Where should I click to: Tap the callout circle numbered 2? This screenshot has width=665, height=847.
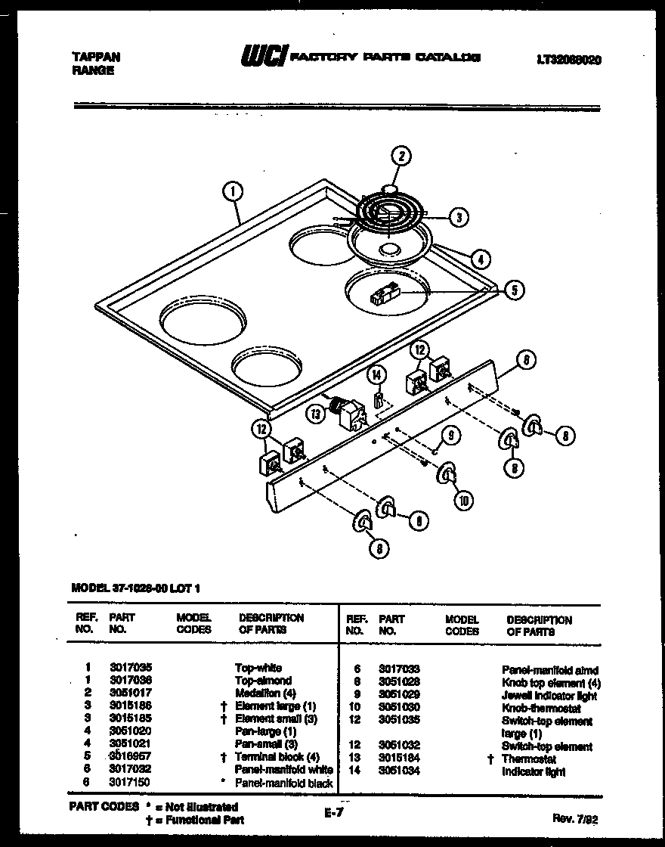pyautogui.click(x=401, y=157)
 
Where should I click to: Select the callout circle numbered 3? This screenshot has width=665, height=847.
pyautogui.click(x=457, y=217)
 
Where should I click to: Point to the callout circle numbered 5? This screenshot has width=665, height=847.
pyautogui.click(x=514, y=290)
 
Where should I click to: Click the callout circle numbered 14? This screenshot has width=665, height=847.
pyautogui.click(x=376, y=374)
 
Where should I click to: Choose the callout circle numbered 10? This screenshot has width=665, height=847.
pyautogui.click(x=461, y=498)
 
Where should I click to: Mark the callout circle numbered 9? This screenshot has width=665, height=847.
pyautogui.click(x=450, y=435)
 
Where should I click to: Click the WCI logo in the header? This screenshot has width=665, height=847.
pyautogui.click(x=263, y=57)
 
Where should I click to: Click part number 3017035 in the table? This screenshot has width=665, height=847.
pyautogui.click(x=130, y=668)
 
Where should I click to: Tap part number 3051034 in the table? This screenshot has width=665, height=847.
pyautogui.click(x=399, y=771)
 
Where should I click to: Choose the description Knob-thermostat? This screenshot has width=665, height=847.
pyautogui.click(x=541, y=709)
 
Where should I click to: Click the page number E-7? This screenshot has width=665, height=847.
pyautogui.click(x=335, y=814)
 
